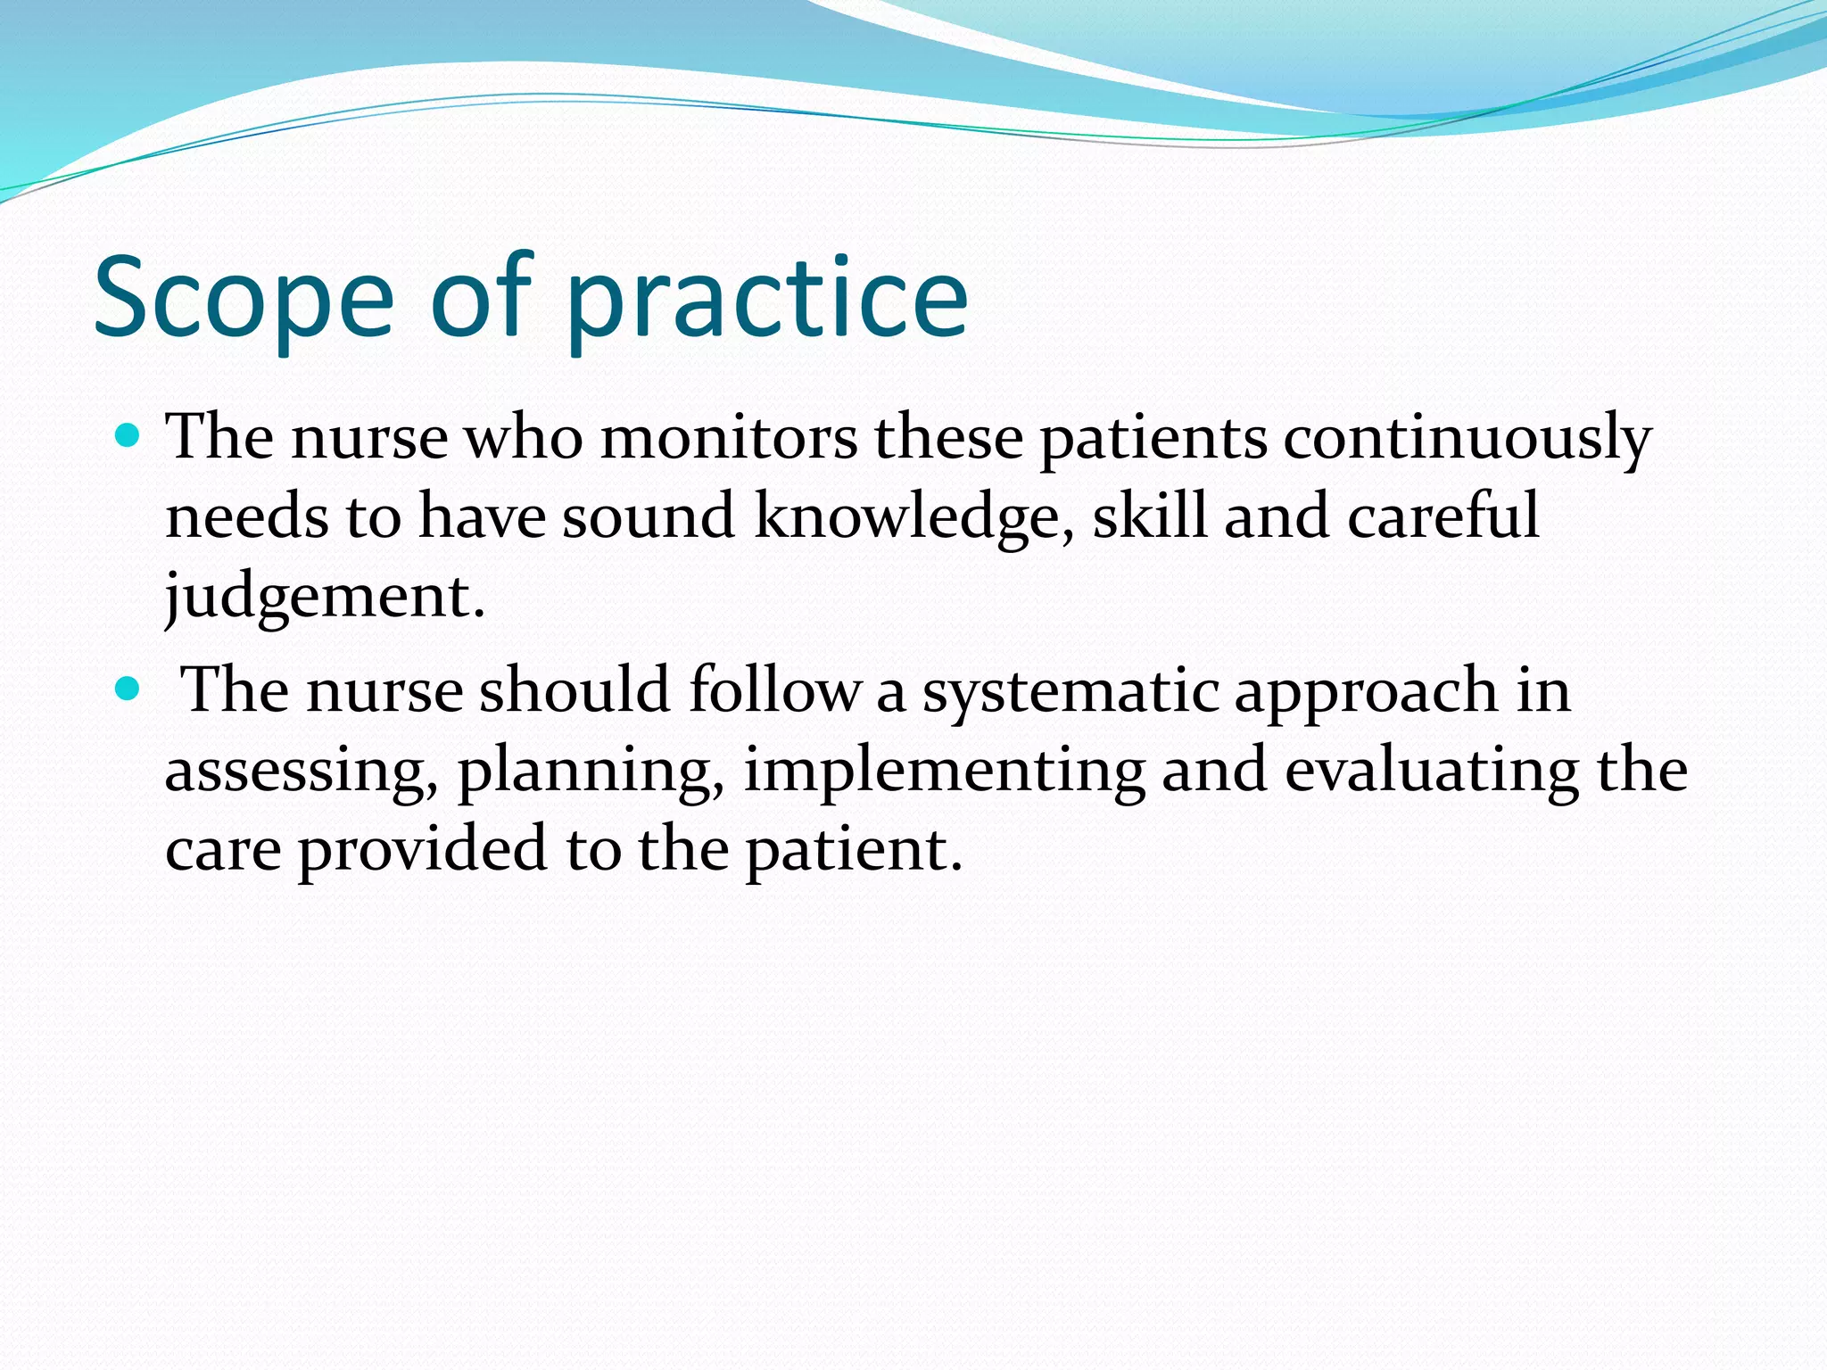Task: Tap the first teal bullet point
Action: [128, 436]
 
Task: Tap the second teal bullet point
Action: [128, 689]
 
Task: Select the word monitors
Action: [728, 438]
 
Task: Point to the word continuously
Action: [1467, 438]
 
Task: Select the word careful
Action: [1443, 516]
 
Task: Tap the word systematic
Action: [1070, 691]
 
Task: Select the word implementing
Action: [944, 770]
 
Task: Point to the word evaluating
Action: [1431, 770]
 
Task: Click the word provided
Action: [421, 848]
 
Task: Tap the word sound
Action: [648, 516]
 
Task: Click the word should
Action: [575, 691]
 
